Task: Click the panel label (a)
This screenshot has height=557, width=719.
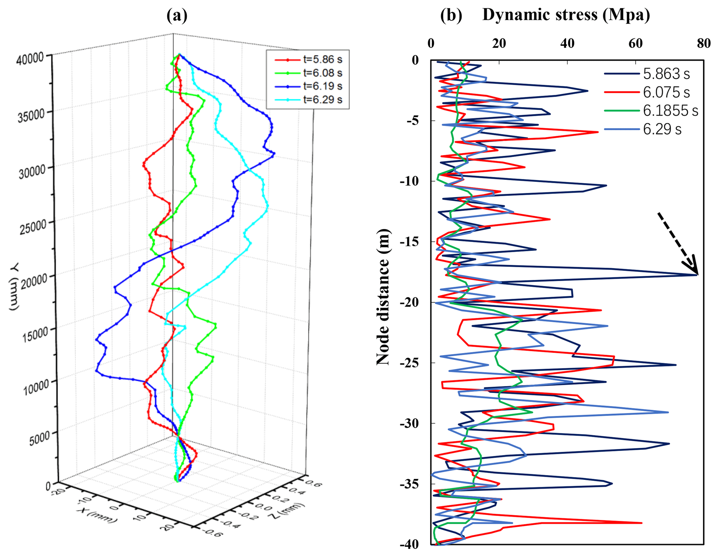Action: coord(177,16)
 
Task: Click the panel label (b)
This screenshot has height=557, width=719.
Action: coord(451,16)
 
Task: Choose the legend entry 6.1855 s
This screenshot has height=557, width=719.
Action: coord(670,111)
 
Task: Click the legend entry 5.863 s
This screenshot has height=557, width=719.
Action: coord(666,74)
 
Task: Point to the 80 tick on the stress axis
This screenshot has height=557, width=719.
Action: coord(703,43)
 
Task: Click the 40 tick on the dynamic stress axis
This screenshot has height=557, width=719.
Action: coord(567,43)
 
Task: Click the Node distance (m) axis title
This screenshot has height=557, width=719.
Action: coord(383,297)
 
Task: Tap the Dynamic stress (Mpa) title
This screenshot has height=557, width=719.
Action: coord(566,15)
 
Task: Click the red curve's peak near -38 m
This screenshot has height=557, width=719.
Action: coord(641,523)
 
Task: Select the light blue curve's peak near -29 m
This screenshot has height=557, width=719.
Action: coord(668,412)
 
